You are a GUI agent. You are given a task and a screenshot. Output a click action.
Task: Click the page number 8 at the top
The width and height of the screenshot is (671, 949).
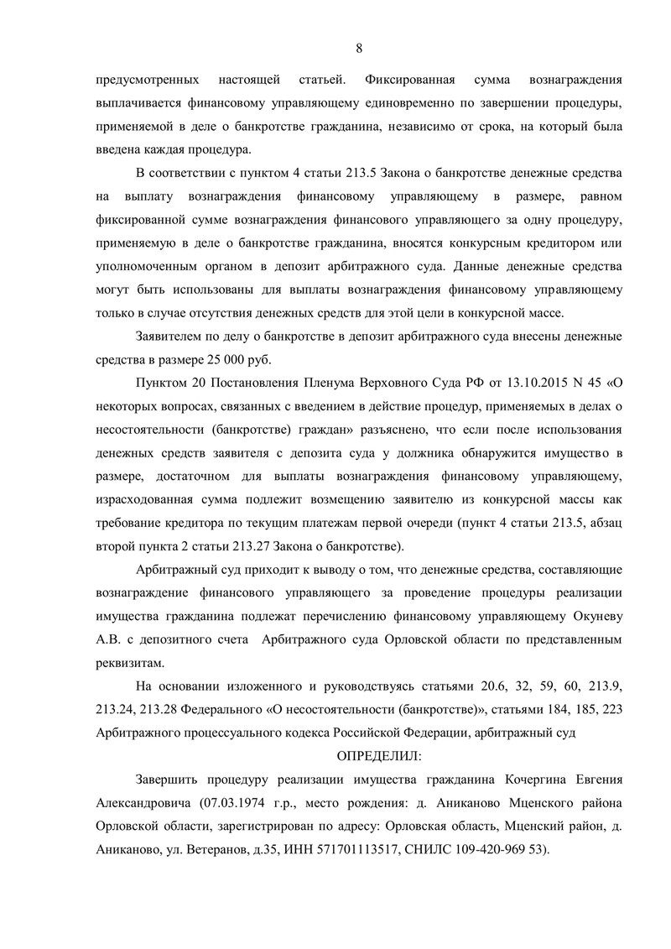tap(359, 48)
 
